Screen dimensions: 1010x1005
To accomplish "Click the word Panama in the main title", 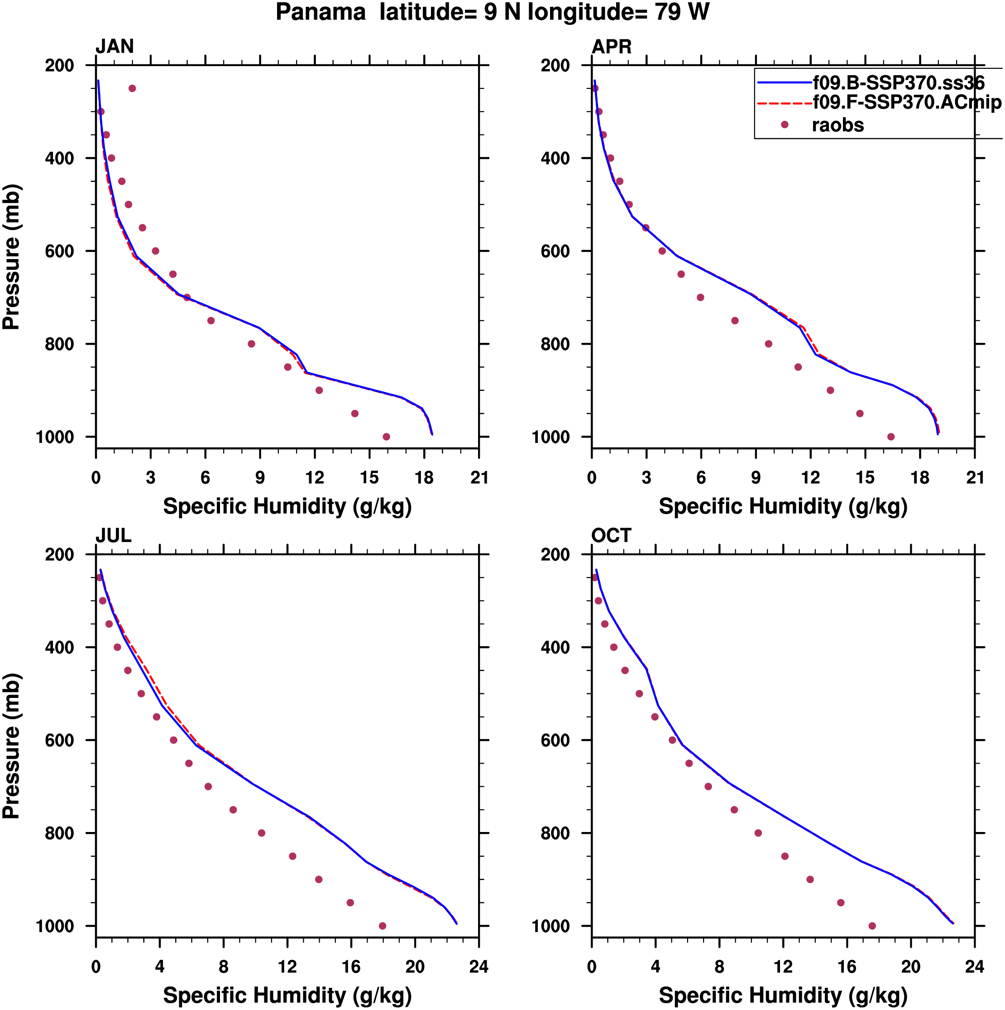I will click(321, 12).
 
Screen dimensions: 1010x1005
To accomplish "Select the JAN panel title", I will click(115, 47).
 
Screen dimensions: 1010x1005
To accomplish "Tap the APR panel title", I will click(612, 47).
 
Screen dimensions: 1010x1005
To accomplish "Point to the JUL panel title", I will click(114, 536).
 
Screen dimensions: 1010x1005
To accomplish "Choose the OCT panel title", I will click(611, 536).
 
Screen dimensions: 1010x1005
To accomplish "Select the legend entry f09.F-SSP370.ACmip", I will click(907, 102).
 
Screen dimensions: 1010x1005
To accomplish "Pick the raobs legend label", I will click(838, 125).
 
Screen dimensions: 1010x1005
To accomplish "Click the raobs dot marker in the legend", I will click(785, 125).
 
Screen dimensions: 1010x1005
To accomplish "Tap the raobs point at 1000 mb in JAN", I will click(386, 437).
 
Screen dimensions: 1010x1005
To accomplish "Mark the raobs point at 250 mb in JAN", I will click(132, 88).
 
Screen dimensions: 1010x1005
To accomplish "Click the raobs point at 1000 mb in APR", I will click(891, 437).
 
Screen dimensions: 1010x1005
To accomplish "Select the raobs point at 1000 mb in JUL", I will click(383, 926).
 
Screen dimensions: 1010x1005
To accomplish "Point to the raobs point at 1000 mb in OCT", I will click(872, 926).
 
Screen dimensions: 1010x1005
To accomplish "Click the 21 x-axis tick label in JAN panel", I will click(479, 478).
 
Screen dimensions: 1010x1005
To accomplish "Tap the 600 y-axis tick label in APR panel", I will click(555, 251).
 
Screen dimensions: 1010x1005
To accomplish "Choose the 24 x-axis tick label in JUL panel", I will click(479, 967).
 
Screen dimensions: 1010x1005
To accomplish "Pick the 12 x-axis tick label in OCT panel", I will click(783, 967).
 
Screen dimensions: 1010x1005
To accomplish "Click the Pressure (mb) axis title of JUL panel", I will click(11, 746).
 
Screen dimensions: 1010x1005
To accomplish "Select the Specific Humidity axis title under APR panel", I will click(783, 506).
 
